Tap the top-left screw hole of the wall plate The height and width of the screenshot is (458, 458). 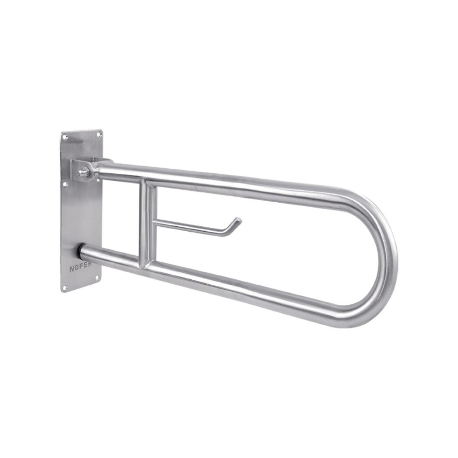(x=64, y=136)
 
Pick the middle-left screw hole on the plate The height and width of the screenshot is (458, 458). (x=65, y=184)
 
